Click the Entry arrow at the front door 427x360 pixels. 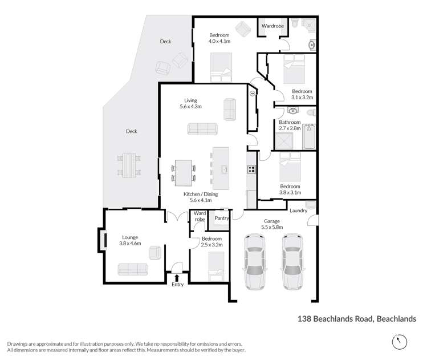coord(177,277)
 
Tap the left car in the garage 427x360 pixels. coord(255,261)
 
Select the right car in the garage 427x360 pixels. coord(292,261)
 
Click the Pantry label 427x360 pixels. coord(221,218)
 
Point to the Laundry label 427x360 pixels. coord(298,211)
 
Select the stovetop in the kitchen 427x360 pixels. coord(251,169)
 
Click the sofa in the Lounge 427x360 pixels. coord(132,268)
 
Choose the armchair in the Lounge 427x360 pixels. coord(155,252)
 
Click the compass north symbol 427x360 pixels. coord(400,341)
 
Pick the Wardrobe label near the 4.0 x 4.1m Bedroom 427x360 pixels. coord(272,26)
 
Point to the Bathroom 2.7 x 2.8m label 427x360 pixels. coord(290,126)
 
